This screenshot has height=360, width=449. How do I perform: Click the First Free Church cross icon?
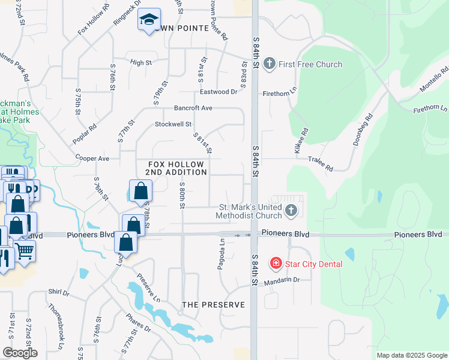[x=269, y=64]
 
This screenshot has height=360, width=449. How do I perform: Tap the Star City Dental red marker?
[x=276, y=263]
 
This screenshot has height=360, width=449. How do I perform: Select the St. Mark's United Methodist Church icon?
[x=291, y=211]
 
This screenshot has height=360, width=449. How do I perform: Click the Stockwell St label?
[x=173, y=124]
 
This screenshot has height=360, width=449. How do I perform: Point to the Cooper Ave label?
[x=92, y=158]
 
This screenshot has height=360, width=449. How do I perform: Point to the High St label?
[x=140, y=62]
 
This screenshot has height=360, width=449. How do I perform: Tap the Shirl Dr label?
[x=59, y=292]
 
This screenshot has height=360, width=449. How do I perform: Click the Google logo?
[x=20, y=353]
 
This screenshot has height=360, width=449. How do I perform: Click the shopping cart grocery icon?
[x=25, y=250]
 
